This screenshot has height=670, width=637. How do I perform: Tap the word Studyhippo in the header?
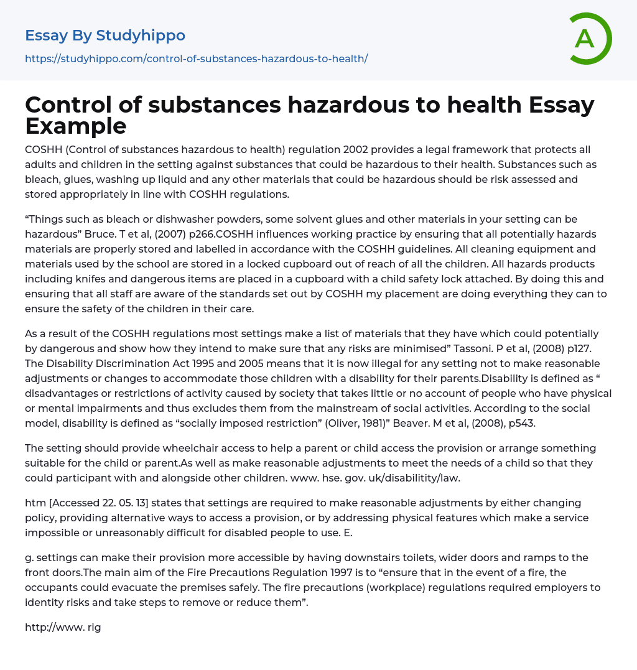141,35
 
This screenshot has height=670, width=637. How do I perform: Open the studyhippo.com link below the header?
196,58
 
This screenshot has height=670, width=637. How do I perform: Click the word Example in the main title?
76,126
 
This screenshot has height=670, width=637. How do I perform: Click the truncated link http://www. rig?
62,627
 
